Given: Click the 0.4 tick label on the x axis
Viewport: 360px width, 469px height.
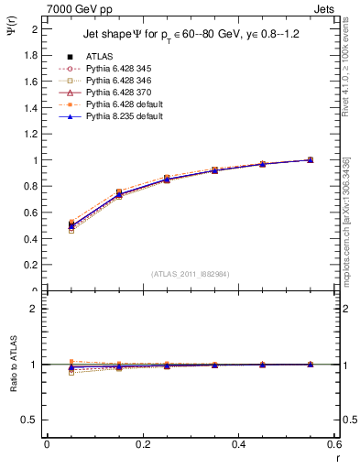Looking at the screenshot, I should click(238, 444).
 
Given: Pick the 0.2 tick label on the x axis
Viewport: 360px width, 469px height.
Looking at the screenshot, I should click(142, 444).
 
